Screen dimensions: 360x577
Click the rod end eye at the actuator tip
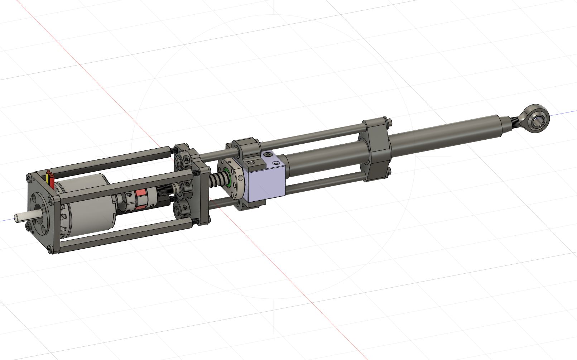point(537,120)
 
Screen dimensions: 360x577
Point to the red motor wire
point(52,181)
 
